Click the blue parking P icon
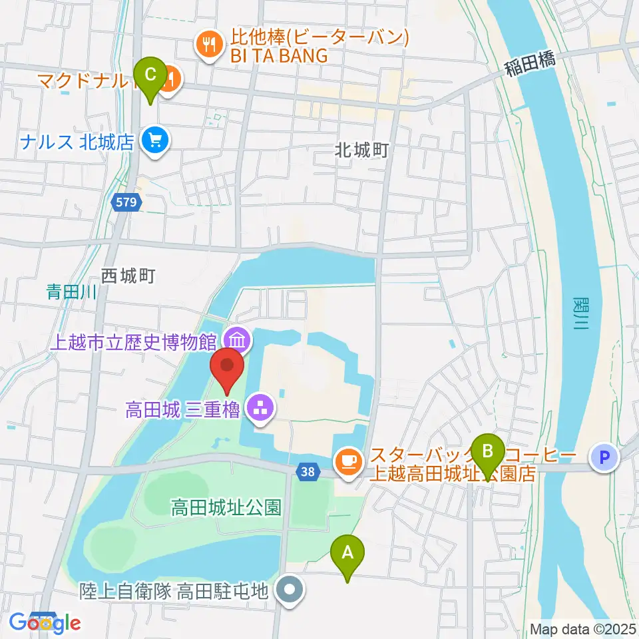click(604, 457)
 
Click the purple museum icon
click(238, 341)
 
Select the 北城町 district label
click(361, 151)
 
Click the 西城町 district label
click(128, 276)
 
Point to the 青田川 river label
click(73, 291)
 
